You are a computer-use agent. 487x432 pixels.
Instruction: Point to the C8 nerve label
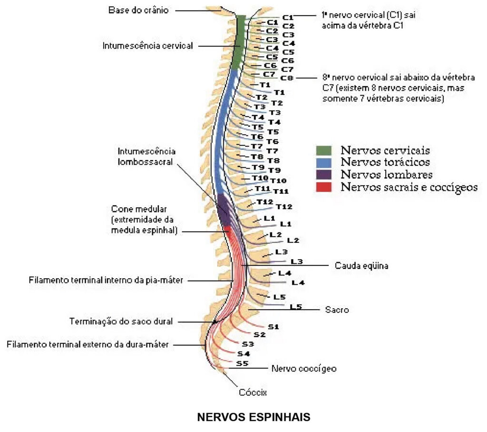coord(287,78)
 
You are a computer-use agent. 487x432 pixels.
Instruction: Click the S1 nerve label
coord(273,327)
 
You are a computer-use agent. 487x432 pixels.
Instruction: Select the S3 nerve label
coord(248,344)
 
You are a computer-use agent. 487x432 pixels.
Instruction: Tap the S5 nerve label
coord(243,363)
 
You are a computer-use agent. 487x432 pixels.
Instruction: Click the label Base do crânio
coord(138,10)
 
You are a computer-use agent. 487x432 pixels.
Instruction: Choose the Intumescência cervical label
coord(147,46)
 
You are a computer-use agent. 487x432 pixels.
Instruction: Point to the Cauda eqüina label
coord(361,266)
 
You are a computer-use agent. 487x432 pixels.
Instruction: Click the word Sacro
coord(337,310)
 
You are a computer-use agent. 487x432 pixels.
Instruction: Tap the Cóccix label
coord(253,393)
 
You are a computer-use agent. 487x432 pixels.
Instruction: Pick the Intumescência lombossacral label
coord(146,156)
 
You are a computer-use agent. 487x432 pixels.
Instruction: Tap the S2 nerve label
coord(260,335)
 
